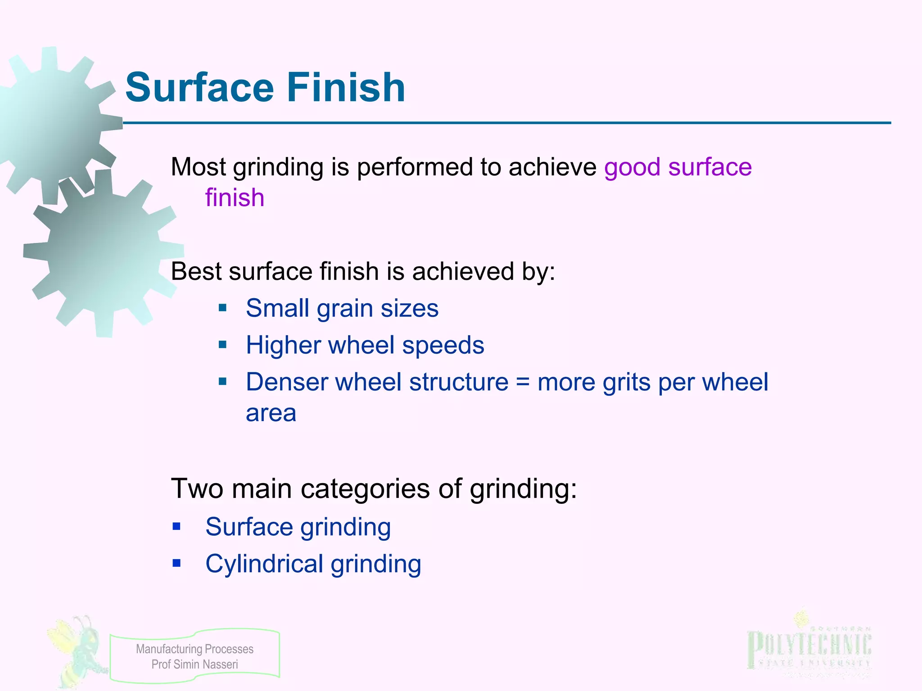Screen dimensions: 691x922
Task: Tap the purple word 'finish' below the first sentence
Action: (x=235, y=198)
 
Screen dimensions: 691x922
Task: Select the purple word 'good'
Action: (x=632, y=168)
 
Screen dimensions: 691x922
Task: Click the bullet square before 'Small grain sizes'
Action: (x=222, y=308)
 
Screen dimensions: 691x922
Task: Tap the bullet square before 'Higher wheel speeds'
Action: (x=222, y=345)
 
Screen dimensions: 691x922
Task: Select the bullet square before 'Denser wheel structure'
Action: (x=222, y=382)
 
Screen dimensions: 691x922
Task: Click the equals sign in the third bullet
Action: (x=523, y=382)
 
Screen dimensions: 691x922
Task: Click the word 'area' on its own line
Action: (x=271, y=413)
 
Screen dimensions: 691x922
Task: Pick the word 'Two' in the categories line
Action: (x=197, y=489)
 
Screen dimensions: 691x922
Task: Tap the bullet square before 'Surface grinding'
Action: (x=176, y=526)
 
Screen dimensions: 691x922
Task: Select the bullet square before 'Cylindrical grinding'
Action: (x=176, y=563)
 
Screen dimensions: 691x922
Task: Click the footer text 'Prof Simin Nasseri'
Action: (x=194, y=664)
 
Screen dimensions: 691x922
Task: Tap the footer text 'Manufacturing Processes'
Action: (x=194, y=649)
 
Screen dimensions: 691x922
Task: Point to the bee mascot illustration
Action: (x=77, y=650)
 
